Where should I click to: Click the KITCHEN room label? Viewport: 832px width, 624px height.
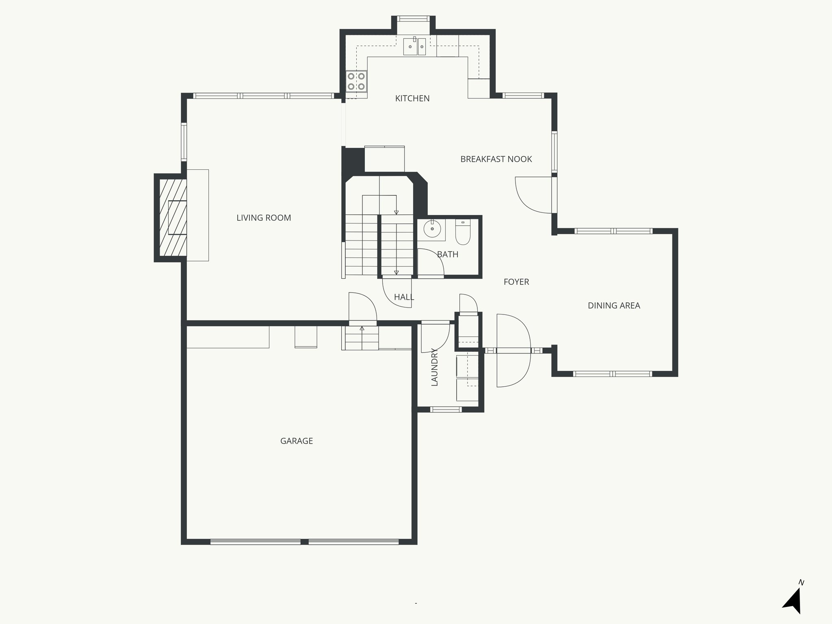coord(412,98)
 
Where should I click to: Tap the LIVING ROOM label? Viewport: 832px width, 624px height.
coord(264,218)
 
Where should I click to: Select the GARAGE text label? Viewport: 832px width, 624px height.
coord(297,441)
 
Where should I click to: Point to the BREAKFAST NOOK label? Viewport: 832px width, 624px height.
coord(496,159)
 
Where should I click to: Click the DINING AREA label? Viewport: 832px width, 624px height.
coord(613,305)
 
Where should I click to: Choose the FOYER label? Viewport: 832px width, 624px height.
coord(516,282)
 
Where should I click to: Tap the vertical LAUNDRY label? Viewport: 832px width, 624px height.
coord(434,367)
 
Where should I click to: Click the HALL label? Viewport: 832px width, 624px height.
coord(404,297)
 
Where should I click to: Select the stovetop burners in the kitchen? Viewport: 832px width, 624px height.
coord(356,81)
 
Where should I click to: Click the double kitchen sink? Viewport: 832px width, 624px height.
coord(414,47)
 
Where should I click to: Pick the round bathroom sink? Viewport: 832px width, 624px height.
coord(432,230)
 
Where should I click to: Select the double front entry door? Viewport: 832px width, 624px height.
coord(513,350)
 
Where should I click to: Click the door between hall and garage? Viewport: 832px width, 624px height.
coord(362,308)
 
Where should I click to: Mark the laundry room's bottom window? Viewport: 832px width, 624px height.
coord(446,409)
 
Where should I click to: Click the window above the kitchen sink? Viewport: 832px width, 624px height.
coord(413,19)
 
